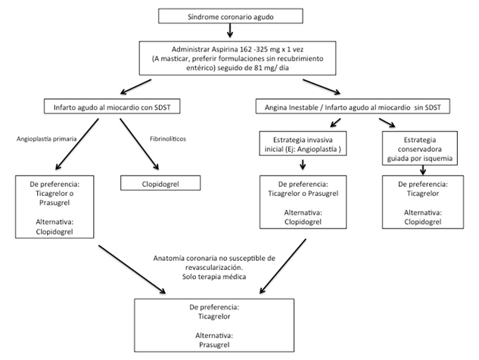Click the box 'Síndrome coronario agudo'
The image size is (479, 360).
click(231, 16)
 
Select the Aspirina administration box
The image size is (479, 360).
click(238, 58)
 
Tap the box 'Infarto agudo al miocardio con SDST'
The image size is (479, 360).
click(112, 106)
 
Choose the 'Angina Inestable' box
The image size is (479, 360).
click(353, 106)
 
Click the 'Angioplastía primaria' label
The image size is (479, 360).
click(46, 139)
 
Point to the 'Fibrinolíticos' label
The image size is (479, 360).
click(168, 139)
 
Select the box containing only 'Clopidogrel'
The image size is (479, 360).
click(160, 183)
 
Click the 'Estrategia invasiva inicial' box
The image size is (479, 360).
click(303, 144)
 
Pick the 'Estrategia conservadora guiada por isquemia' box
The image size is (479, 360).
click(420, 148)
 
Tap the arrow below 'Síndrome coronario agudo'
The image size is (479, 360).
click(230, 30)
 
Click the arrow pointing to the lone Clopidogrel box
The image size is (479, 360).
click(139, 144)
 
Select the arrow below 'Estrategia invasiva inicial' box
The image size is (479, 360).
click(303, 164)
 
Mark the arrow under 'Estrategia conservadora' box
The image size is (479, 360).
click(423, 170)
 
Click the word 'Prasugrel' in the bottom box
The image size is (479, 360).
click(214, 345)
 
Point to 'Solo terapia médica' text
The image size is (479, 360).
click(214, 277)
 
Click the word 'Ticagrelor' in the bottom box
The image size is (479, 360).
click(214, 316)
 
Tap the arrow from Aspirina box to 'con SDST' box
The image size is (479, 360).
click(135, 87)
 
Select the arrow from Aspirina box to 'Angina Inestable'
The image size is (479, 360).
click(322, 87)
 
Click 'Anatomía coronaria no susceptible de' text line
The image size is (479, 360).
click(214, 259)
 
